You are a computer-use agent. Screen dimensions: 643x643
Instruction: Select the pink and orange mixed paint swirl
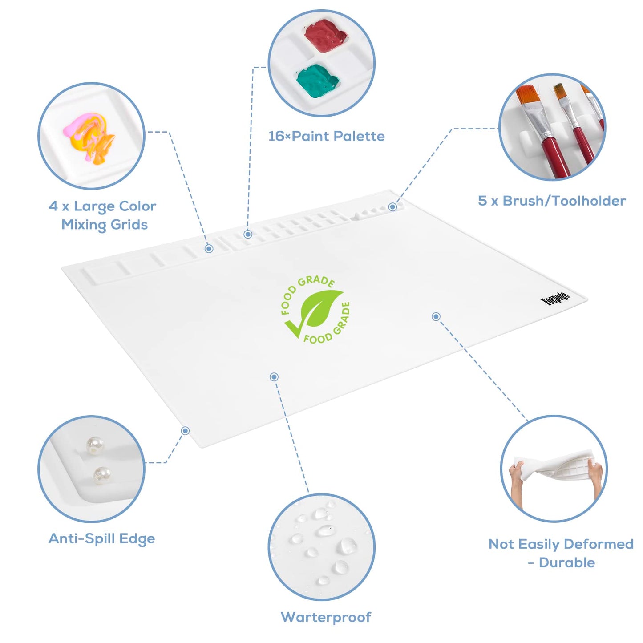pyautogui.click(x=89, y=138)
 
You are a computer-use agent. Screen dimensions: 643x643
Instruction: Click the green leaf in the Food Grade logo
pyautogui.click(x=320, y=309)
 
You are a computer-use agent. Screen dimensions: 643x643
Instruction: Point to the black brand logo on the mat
pyautogui.click(x=555, y=298)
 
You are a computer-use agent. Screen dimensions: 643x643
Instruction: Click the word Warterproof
pyautogui.click(x=326, y=617)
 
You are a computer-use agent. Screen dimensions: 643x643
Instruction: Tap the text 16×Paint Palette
pyautogui.click(x=326, y=136)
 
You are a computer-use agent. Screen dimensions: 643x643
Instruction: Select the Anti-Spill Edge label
pyautogui.click(x=102, y=538)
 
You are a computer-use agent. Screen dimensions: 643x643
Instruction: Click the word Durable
pyautogui.click(x=566, y=562)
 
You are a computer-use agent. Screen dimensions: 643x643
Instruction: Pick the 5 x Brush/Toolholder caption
pyautogui.click(x=552, y=201)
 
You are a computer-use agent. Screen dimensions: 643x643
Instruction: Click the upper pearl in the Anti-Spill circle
pyautogui.click(x=94, y=445)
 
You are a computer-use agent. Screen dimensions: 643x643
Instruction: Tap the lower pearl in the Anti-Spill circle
pyautogui.click(x=101, y=475)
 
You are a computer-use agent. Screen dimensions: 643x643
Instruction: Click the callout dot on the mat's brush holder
pyautogui.click(x=393, y=207)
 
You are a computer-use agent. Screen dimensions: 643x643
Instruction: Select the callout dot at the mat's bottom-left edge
pyautogui.click(x=185, y=431)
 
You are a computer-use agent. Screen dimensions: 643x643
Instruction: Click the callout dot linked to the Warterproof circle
pyautogui.click(x=274, y=377)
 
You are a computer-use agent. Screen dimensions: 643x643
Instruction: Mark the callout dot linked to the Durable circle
pyautogui.click(x=436, y=317)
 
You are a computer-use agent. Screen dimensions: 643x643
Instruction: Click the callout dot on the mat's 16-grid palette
pyautogui.click(x=247, y=234)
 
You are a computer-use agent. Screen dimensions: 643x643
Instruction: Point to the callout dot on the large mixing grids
pyautogui.click(x=209, y=248)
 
